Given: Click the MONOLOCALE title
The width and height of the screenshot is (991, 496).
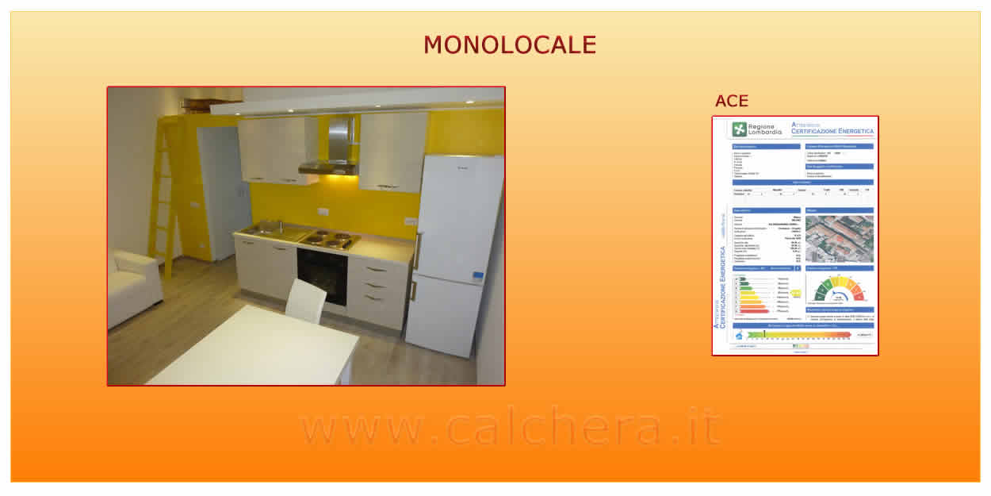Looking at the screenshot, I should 509,45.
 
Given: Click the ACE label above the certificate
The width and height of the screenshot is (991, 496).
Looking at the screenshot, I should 731,101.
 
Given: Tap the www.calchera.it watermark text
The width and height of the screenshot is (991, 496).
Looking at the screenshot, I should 511,428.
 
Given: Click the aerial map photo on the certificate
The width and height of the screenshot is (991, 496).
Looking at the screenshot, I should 839,239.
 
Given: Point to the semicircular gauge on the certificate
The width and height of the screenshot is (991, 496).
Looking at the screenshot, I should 839,290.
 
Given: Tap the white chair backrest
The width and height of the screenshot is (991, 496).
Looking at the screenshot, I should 306,300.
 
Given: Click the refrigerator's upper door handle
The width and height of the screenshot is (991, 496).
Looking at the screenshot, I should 415,251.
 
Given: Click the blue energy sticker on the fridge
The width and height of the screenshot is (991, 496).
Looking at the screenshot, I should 478,276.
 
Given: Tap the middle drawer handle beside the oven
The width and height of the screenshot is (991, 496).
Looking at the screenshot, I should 377,285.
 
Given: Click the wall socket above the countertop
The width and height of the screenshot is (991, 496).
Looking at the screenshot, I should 323,212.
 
